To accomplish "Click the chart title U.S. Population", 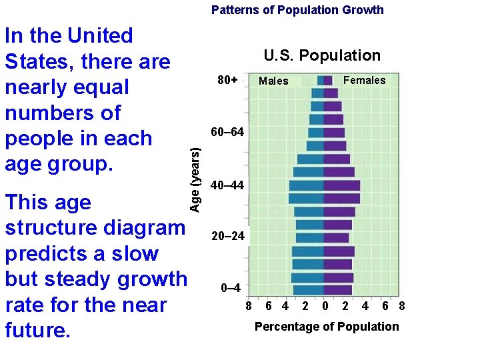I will [x=321, y=56].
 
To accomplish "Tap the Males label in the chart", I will [x=273, y=81].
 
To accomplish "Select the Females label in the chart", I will [x=364, y=81].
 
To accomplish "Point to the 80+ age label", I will [x=228, y=80].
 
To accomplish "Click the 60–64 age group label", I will [x=227, y=132].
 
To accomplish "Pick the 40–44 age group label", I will [x=227, y=185].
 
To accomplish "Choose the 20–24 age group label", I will [x=227, y=237].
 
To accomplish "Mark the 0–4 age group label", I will [x=231, y=289].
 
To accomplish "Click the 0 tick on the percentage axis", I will [x=325, y=307].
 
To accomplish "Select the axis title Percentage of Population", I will [x=327, y=327].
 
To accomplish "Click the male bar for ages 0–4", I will [x=309, y=290].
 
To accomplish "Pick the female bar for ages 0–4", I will [x=338, y=290].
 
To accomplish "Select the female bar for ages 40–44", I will [x=342, y=185].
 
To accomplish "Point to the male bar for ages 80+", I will [x=321, y=81].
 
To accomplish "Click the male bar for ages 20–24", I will [x=310, y=237].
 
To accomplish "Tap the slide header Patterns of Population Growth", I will [x=297, y=10].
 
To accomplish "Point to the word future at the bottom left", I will [x=37, y=330].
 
